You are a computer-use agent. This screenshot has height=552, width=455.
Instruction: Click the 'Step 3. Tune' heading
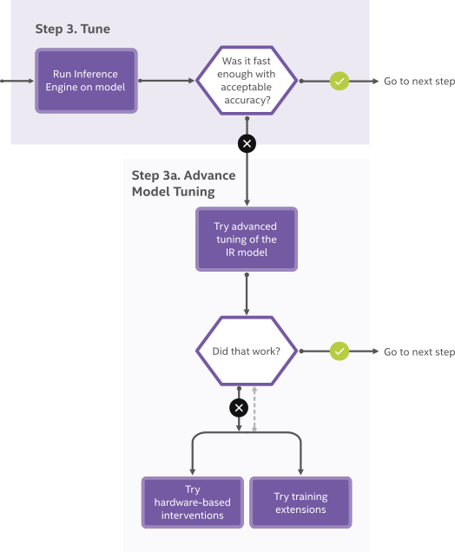coord(72,30)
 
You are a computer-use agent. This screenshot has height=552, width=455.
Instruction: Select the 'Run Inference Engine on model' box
coord(85,81)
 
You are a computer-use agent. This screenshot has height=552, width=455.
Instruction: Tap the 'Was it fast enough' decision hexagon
coord(247,81)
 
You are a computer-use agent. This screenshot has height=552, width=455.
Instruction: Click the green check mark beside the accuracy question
coord(340,81)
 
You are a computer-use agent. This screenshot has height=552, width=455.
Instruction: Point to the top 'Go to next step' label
coord(418,82)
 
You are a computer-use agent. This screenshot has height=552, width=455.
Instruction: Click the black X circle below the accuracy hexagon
coord(247,143)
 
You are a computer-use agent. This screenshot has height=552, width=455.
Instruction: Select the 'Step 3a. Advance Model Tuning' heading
coord(183,183)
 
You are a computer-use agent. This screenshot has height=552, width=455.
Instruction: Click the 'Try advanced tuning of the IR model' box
coord(247,239)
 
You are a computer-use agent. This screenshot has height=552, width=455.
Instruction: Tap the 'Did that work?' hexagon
coord(247,352)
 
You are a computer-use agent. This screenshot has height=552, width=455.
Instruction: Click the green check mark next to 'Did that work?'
coord(340,352)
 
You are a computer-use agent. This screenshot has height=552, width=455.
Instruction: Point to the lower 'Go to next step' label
coord(418,352)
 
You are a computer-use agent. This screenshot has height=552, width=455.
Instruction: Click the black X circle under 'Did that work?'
coord(239,407)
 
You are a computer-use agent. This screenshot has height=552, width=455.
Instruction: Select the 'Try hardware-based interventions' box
coord(192,503)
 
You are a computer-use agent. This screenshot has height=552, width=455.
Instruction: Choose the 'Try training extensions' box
coord(300,503)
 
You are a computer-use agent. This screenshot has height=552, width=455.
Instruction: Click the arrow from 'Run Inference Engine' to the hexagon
coord(165,81)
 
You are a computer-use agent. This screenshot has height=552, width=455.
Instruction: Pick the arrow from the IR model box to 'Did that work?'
coord(247,295)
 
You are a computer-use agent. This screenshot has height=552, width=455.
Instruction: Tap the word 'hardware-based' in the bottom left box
coord(192,503)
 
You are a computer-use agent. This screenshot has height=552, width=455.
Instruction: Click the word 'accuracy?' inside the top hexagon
coord(247,100)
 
